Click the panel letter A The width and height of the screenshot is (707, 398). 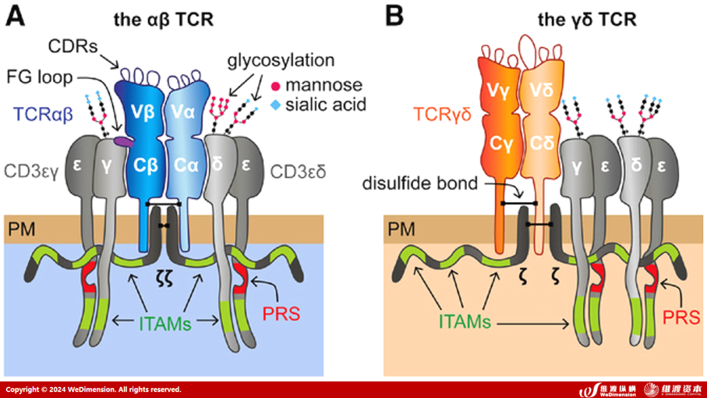click(x=16, y=16)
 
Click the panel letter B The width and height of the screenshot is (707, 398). click(x=395, y=16)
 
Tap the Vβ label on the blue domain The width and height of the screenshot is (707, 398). click(x=139, y=110)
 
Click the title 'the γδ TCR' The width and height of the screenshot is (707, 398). click(x=587, y=20)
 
